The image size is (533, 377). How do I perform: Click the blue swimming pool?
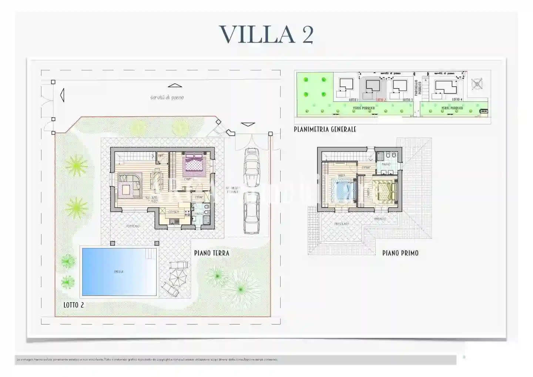click(119, 272)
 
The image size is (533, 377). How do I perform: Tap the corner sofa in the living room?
click(130, 186)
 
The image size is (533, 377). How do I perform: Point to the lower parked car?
click(251, 213)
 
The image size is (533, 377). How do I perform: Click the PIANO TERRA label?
click(212, 253)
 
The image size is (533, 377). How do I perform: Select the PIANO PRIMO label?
click(400, 253)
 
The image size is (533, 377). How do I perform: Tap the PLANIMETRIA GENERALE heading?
click(325, 129)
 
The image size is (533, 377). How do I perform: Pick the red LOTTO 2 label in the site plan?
click(381, 100)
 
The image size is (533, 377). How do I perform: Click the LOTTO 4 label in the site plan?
click(457, 100)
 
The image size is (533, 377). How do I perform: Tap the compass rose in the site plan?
click(477, 84)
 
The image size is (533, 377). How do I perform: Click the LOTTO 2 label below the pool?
click(74, 305)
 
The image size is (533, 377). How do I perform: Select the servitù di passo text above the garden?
click(167, 98)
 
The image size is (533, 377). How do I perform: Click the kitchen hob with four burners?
click(187, 214)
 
